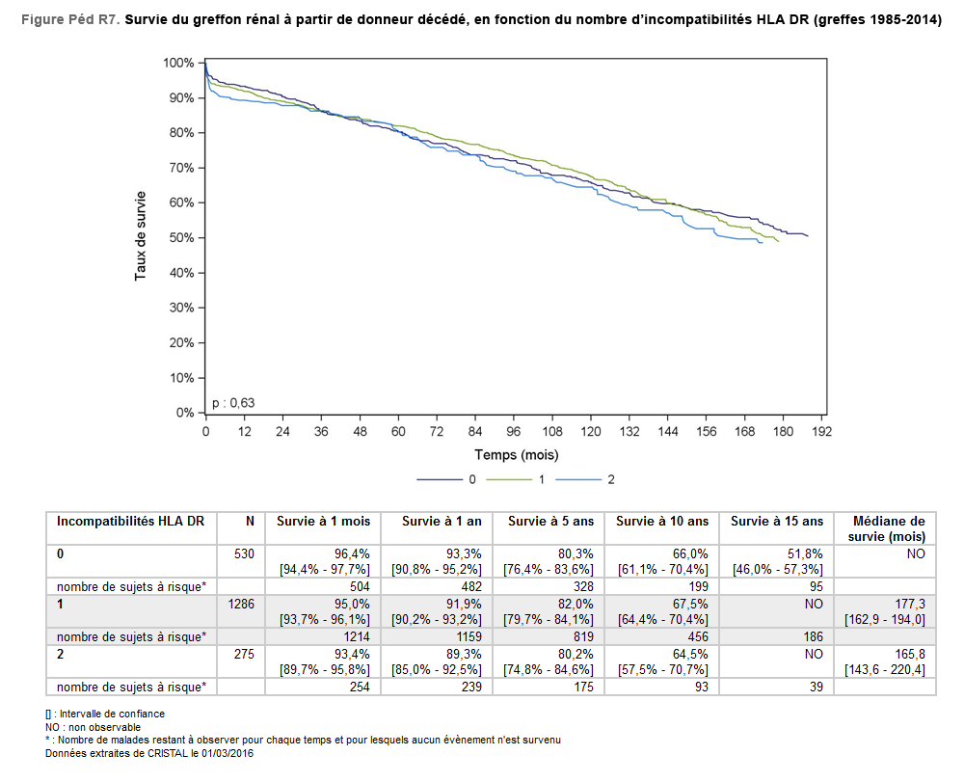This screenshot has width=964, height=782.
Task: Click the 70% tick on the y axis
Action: pos(180,168)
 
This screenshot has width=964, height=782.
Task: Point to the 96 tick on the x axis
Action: pos(514,431)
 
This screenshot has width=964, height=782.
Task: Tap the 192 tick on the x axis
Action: pos(821,431)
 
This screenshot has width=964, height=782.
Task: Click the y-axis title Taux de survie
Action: pos(141,236)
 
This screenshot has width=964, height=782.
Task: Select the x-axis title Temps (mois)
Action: pos(516,454)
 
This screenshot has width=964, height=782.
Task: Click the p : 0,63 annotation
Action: pos(233,402)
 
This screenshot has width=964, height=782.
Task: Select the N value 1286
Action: pos(241,604)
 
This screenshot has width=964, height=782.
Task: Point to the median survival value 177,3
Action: pos(909,604)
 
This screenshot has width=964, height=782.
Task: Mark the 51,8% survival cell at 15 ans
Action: pos(806,553)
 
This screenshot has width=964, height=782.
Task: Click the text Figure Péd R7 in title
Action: pos(69,21)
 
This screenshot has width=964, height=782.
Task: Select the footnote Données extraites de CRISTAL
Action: pos(148,753)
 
